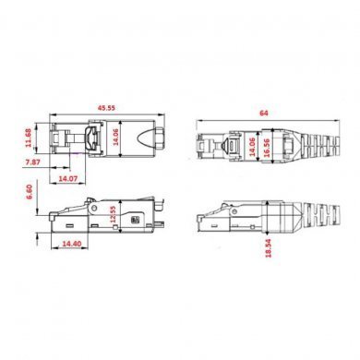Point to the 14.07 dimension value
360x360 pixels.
click(67, 176)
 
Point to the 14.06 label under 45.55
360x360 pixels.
click(114, 138)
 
